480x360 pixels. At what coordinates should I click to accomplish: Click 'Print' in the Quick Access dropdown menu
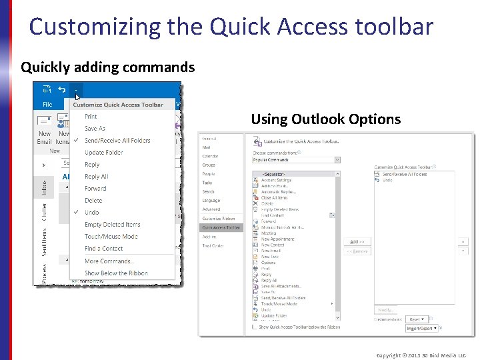point(91,117)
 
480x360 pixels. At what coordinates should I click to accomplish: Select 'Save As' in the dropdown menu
point(95,129)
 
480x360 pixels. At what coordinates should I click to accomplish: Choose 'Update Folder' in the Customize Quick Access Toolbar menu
point(103,153)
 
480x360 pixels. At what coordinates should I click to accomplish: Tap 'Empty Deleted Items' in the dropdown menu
point(112,225)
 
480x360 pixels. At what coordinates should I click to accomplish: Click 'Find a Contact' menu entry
point(103,249)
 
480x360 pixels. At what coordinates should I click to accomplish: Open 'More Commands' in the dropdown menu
point(108,261)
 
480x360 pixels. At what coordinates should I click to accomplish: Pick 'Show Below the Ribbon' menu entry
point(116,273)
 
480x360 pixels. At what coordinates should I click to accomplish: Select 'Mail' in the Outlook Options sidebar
point(207,147)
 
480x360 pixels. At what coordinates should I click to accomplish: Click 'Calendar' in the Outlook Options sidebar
point(210,156)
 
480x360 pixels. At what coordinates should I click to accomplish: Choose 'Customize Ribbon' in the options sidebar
point(219,219)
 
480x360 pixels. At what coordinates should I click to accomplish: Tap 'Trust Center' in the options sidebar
point(213,245)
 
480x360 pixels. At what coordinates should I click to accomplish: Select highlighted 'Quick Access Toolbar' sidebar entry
point(221,227)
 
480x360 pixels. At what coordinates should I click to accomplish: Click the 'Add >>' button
point(357,241)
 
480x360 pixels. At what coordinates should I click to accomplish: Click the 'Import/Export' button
point(422,328)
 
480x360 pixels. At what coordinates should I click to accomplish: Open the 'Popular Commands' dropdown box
point(296,160)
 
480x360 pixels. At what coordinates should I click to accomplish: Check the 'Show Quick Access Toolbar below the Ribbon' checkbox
point(255,327)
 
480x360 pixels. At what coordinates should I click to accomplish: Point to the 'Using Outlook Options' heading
point(325,119)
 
